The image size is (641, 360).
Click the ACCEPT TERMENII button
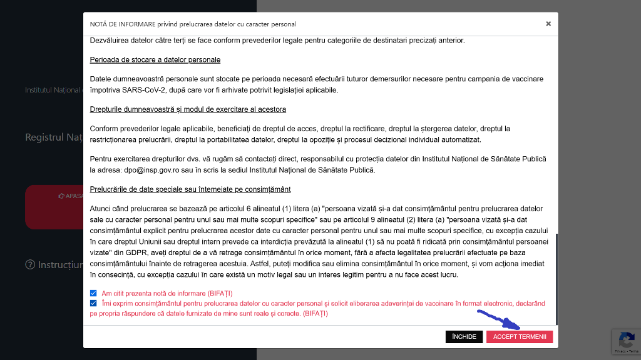(x=519, y=337)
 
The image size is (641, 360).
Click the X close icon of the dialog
(x=548, y=24)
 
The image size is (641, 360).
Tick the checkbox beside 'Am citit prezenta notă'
(x=93, y=293)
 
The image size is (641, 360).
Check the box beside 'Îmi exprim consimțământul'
(x=93, y=303)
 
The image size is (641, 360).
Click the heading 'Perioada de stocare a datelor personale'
(x=155, y=59)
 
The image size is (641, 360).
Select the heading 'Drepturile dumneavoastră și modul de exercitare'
(x=188, y=109)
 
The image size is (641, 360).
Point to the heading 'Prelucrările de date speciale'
(x=190, y=189)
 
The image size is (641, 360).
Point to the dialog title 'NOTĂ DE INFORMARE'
(x=193, y=24)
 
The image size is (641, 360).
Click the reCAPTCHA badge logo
(x=626, y=340)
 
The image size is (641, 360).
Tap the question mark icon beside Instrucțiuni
(x=30, y=265)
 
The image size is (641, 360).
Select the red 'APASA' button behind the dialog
(x=54, y=207)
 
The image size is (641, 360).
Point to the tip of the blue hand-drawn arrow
(x=520, y=327)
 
